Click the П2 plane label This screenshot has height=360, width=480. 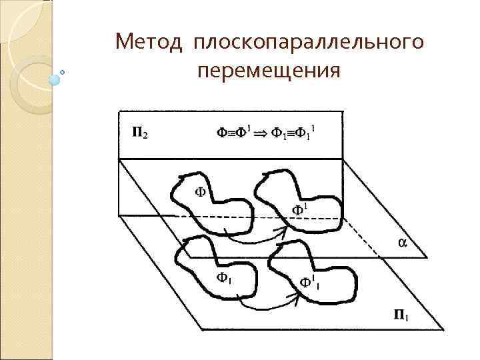point(139,133)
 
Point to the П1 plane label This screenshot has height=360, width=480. point(401,315)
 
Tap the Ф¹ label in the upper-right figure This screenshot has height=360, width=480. point(299,211)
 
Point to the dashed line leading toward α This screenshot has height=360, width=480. point(370,239)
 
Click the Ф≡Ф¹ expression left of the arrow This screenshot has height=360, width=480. point(233,133)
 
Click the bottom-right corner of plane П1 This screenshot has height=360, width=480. point(443,329)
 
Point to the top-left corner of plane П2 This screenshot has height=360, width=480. point(118,111)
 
